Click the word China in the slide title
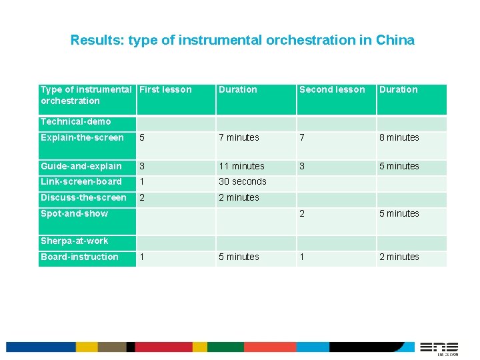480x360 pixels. coord(395,40)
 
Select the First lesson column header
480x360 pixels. coord(165,90)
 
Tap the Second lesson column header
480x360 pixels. coord(332,90)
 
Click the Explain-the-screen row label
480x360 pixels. coord(82,138)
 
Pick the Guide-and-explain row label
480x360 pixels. coord(81,166)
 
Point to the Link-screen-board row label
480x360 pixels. coord(81,181)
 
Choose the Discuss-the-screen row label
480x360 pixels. coord(83,197)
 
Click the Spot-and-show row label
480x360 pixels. coord(74,213)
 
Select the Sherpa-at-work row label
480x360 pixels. coord(74,241)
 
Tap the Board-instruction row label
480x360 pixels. coord(79,257)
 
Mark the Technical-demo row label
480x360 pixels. coord(75,121)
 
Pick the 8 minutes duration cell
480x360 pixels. coord(399,138)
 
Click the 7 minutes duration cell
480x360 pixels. coord(239,138)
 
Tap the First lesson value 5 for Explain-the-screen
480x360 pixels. coord(141,138)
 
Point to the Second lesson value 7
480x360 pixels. coord(302,138)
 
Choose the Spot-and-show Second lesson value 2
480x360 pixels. coord(302,213)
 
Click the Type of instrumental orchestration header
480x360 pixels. coord(86,95)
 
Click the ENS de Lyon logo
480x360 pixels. coord(439,348)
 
